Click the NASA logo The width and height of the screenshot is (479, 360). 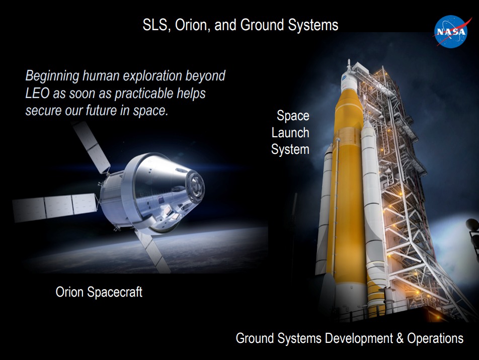click(451, 32)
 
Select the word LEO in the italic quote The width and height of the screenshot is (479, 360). click(37, 93)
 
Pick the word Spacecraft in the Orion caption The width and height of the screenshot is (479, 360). click(115, 292)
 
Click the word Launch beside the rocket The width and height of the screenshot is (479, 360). click(290, 133)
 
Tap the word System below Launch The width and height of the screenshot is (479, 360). click(290, 150)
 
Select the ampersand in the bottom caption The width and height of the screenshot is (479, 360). click(400, 338)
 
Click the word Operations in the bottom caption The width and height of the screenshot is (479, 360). click(435, 338)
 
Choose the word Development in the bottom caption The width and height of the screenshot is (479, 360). click(359, 338)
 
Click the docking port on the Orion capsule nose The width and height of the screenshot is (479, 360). click(196, 186)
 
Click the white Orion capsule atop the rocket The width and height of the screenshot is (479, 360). click(348, 80)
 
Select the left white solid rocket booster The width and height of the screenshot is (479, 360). click(325, 211)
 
